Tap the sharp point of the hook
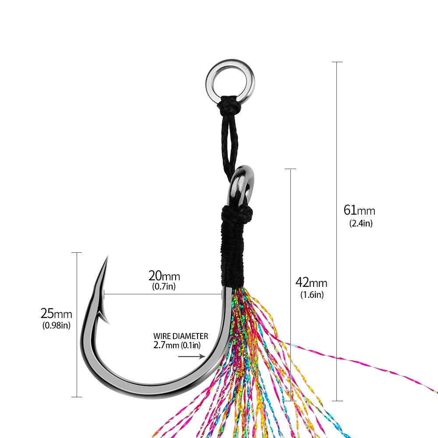(106, 258)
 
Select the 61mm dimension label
(359, 210)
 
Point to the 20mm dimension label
(164, 276)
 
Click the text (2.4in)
(361, 223)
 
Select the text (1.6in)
(312, 295)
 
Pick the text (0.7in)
(164, 287)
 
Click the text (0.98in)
(57, 325)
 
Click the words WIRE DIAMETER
(180, 336)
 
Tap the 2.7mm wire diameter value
(167, 345)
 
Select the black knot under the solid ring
(229, 106)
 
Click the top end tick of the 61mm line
(337, 62)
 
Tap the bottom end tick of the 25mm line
(77, 397)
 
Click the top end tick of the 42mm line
(290, 169)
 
